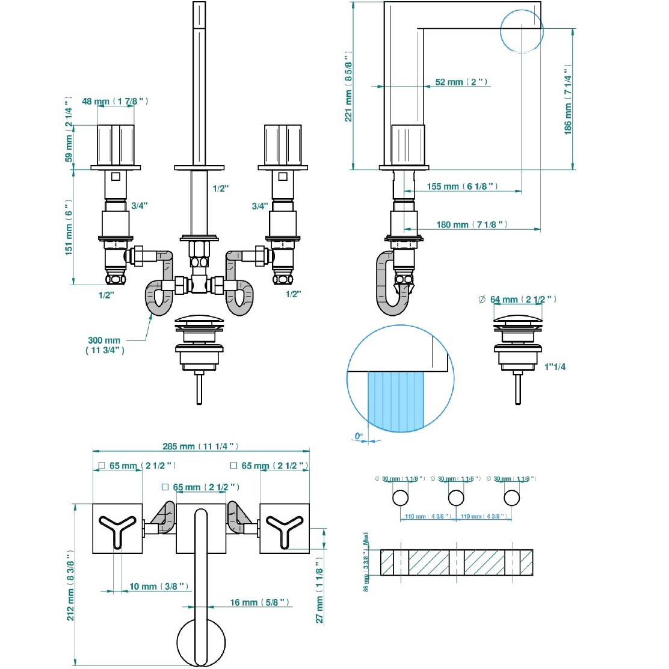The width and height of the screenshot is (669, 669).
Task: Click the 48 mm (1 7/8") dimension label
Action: (x=115, y=101)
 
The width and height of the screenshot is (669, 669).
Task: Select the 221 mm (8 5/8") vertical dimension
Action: (x=348, y=87)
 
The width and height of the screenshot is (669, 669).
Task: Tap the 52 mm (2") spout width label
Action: (x=461, y=82)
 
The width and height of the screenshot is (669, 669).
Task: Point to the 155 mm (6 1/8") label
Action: (x=462, y=187)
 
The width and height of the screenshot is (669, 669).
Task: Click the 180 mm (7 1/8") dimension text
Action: (x=472, y=224)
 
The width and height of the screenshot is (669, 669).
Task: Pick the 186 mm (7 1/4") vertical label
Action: (x=568, y=100)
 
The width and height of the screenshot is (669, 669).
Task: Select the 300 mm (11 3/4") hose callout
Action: (x=105, y=345)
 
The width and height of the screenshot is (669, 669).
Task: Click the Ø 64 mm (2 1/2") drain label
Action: (x=517, y=299)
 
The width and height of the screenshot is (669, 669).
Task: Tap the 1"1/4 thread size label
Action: (x=555, y=366)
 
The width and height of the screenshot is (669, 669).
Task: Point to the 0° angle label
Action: (x=359, y=436)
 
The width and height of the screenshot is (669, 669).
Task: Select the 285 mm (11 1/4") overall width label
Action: (x=200, y=446)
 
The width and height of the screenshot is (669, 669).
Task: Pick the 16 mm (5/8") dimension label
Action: (x=259, y=602)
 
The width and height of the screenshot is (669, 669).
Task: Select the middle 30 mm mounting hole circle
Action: (x=456, y=498)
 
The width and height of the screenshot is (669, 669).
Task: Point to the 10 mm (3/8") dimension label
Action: (x=159, y=586)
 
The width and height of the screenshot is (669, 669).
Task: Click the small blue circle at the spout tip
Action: (x=522, y=31)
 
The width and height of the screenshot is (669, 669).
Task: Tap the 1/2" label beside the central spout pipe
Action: (x=221, y=188)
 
